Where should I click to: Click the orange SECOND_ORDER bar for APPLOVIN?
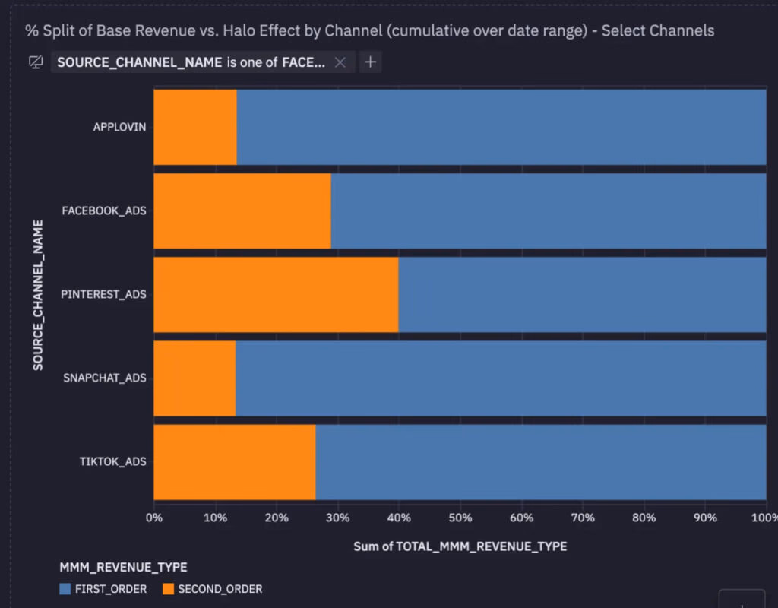point(195,127)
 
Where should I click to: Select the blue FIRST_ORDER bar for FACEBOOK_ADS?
point(548,211)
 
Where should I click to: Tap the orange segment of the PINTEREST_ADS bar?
point(276,294)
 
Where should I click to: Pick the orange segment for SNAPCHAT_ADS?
point(194,378)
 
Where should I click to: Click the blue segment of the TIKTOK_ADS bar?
point(540,461)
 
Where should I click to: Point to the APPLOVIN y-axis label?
point(119,127)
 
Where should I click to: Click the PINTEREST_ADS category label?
point(114,294)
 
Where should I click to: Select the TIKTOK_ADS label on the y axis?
point(112,461)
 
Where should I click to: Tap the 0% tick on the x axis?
point(154,518)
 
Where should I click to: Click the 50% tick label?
point(460,518)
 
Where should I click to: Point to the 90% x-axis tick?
point(704,518)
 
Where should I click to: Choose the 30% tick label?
point(337,518)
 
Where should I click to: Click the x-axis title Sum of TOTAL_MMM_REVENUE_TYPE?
point(460,546)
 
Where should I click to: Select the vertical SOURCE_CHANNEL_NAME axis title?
point(37,295)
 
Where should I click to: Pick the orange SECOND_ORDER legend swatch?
point(168,588)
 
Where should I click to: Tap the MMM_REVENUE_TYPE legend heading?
point(123,567)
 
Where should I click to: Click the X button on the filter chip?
point(340,62)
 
